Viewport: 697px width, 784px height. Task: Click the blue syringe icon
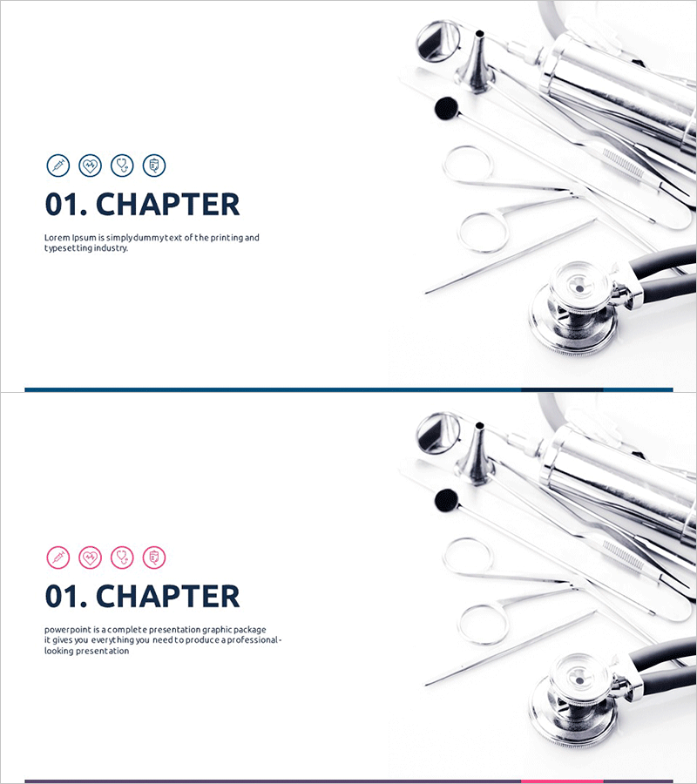[x=58, y=165]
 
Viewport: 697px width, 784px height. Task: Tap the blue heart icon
[x=90, y=165]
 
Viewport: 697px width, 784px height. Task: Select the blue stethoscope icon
[x=122, y=165]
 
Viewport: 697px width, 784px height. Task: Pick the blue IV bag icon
[x=154, y=165]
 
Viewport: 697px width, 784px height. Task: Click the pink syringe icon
[x=58, y=557]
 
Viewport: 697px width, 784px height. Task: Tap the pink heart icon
[x=90, y=557]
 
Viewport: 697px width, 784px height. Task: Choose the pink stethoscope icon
[x=122, y=557]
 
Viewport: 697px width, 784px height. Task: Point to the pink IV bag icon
[x=154, y=557]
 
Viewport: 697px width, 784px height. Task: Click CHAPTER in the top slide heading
[x=167, y=204]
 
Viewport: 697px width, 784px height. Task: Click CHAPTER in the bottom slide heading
[x=167, y=596]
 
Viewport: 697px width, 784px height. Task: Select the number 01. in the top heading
[x=66, y=204]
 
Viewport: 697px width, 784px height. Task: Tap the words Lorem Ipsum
[x=70, y=238]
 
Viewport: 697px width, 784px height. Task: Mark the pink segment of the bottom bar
[x=562, y=781]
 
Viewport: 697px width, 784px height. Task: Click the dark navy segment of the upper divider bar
[x=562, y=389]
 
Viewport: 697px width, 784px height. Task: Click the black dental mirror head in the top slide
[x=446, y=108]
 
